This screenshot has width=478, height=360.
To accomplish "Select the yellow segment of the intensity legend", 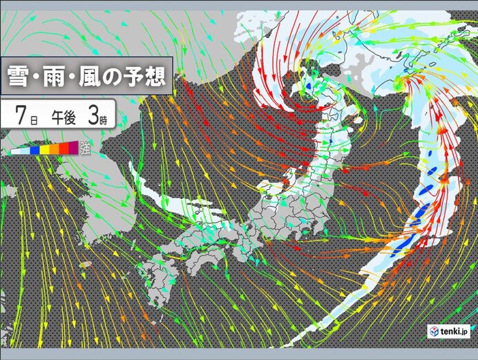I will (44, 149).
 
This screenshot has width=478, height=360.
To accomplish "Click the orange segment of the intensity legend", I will (52, 149).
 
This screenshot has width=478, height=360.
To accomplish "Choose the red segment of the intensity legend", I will (61, 149).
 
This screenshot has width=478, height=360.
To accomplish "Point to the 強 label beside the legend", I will (84, 146).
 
